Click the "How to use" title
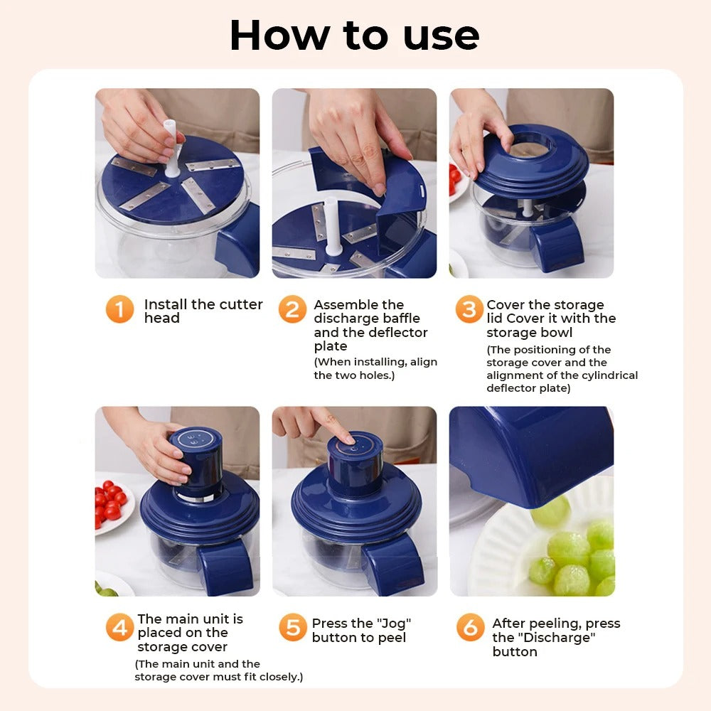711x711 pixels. pos(354,35)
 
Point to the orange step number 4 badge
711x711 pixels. pos(119,628)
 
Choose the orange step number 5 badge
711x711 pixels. pos(292,628)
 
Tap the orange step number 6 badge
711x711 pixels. pos(470,628)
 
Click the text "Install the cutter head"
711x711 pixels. pos(203,311)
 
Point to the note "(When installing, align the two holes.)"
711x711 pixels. pos(375,368)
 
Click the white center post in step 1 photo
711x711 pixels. pos(171,148)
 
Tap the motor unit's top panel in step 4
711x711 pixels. pos(196,437)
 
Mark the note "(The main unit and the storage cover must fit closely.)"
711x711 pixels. pos(218,670)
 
